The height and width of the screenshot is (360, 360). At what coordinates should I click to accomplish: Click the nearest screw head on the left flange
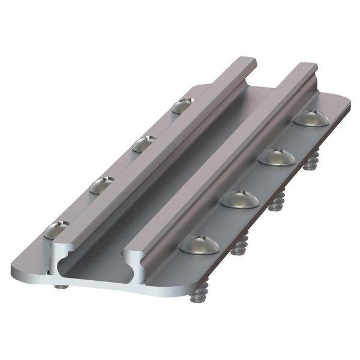(56, 229)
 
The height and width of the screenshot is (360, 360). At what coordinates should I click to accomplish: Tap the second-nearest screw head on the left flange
(102, 185)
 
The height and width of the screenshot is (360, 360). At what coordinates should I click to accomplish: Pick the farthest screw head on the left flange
(183, 106)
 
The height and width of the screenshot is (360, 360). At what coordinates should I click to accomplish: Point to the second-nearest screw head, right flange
(239, 199)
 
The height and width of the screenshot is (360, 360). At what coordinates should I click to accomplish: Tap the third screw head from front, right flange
(277, 157)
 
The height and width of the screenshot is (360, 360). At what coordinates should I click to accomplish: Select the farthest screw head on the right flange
(311, 118)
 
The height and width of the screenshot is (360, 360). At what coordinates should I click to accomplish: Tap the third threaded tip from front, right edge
(276, 201)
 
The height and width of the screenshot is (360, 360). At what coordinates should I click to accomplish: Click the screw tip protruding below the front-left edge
(61, 286)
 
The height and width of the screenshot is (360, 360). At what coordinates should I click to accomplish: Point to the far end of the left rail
(246, 62)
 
